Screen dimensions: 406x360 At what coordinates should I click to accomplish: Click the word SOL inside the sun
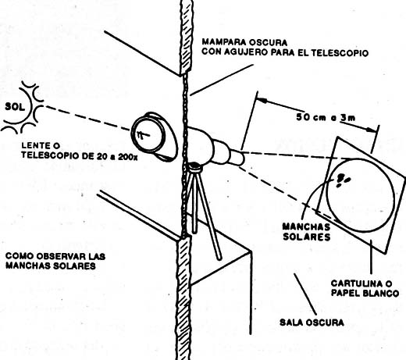pyautogui.click(x=16, y=107)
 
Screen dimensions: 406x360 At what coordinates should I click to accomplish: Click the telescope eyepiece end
pyautogui.click(x=237, y=158)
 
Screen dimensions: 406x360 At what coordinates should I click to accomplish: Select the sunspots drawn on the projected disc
pyautogui.click(x=343, y=180)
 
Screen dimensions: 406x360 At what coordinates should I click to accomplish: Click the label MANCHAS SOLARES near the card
pyautogui.click(x=306, y=231)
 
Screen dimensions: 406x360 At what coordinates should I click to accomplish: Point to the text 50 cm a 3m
pyautogui.click(x=326, y=117)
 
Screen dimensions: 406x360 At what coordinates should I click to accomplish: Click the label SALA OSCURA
pyautogui.click(x=312, y=323)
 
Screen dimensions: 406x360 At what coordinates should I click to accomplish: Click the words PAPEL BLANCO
pyautogui.click(x=365, y=293)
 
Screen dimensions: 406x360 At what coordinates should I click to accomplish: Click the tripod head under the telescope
pyautogui.click(x=195, y=167)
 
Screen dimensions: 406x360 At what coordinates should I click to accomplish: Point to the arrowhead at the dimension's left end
pyautogui.click(x=262, y=100)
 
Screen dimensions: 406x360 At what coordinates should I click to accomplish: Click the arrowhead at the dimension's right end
pyautogui.click(x=372, y=129)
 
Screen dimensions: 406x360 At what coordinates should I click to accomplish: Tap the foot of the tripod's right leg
pyautogui.click(x=219, y=258)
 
